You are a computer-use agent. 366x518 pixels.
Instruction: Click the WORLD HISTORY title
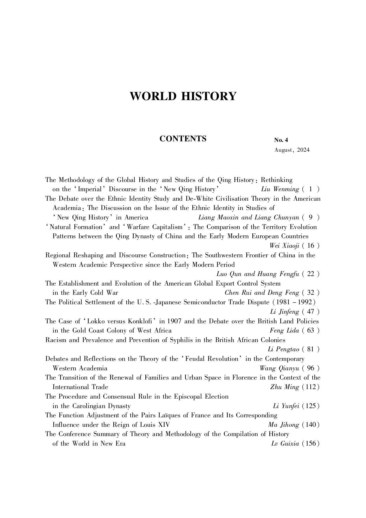[x=183, y=96]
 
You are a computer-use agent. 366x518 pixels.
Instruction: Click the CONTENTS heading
[x=183, y=139]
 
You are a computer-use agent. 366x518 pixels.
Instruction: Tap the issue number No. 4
[x=281, y=140]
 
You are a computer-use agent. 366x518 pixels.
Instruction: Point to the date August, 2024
[x=292, y=150]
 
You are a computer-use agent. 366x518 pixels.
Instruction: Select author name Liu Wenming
[x=280, y=189]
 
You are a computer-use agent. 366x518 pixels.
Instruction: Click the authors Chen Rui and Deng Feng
[x=262, y=293]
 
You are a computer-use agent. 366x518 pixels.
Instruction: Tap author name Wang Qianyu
[x=279, y=368]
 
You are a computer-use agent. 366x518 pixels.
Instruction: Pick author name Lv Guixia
[x=285, y=444]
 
